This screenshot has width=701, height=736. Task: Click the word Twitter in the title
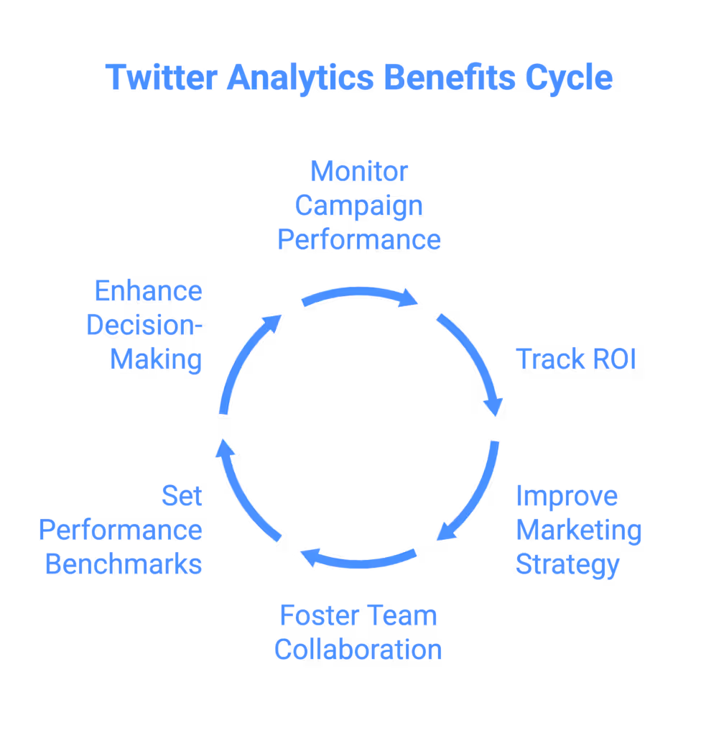tap(161, 78)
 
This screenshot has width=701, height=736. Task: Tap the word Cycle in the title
tap(568, 78)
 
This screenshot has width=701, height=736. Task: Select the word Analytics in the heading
tap(300, 78)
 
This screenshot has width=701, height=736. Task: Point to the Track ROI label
tap(576, 359)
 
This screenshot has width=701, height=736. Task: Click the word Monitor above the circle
tap(359, 172)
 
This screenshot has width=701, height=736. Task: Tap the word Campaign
tap(359, 206)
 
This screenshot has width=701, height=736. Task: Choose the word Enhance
tap(149, 292)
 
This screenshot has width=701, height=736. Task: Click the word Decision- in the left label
tap(144, 326)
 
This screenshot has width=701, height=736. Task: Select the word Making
tap(156, 359)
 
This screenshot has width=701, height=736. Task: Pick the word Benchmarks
tap(124, 564)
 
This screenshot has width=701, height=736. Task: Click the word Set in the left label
tap(182, 496)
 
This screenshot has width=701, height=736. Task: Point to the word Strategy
tap(567, 564)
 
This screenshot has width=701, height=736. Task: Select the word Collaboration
tap(358, 650)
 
